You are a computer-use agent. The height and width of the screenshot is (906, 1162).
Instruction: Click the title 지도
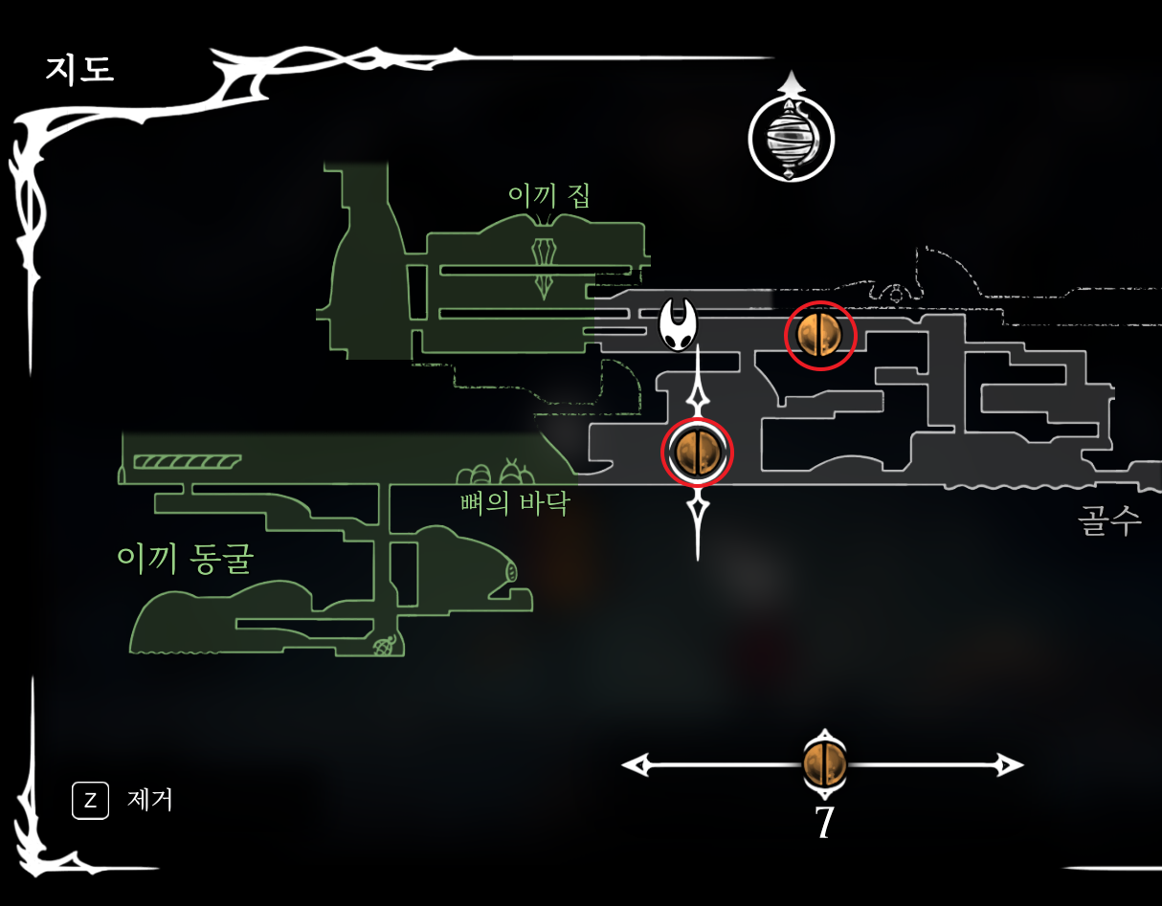click(79, 70)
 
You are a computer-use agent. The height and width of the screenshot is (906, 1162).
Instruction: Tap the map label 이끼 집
click(548, 195)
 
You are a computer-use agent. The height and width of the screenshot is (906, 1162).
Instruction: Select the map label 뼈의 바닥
click(514, 503)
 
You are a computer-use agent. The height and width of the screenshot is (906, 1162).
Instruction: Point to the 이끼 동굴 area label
click(184, 559)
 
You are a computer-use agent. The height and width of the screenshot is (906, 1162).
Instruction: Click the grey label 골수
click(1109, 521)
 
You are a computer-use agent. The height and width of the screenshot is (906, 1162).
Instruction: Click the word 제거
click(150, 799)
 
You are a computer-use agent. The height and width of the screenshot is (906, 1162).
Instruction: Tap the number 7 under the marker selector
click(823, 823)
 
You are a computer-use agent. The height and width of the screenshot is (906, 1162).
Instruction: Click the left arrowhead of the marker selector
click(634, 764)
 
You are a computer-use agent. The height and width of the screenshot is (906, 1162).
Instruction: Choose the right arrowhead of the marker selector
click(1011, 764)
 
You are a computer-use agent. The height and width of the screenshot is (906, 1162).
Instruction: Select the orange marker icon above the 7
click(823, 764)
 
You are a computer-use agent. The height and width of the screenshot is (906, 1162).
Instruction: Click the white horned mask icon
click(678, 324)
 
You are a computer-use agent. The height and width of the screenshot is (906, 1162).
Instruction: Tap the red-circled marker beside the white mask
click(819, 335)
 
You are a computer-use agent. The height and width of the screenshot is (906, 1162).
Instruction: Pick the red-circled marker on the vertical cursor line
click(697, 453)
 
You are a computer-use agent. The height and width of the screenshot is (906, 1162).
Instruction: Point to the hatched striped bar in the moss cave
click(186, 462)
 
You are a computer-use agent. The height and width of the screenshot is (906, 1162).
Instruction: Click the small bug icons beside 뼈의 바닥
click(494, 473)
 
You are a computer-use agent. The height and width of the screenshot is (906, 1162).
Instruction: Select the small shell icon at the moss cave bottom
click(385, 647)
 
